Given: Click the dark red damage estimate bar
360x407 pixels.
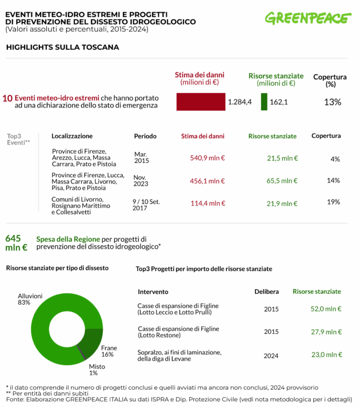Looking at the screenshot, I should tap(201, 102).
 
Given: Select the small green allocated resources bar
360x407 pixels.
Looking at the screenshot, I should tap(264, 102).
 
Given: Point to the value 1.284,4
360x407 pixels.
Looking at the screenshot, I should tap(239, 102).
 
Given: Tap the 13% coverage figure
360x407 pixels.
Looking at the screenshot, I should tap(332, 102).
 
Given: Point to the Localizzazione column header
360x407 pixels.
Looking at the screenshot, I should tap(72, 136).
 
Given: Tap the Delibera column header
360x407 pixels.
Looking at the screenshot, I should tap(266, 292).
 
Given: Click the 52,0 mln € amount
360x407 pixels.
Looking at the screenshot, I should tap(326, 309).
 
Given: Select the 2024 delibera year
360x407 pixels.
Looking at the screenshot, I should tap(271, 355).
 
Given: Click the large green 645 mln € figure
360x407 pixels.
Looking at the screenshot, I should tap(16, 243).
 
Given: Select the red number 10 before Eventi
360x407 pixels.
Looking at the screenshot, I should tap(7, 98).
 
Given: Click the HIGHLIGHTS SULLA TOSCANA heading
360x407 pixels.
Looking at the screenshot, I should tap(62, 47).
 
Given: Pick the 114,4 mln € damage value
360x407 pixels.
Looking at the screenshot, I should tap(207, 203).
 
